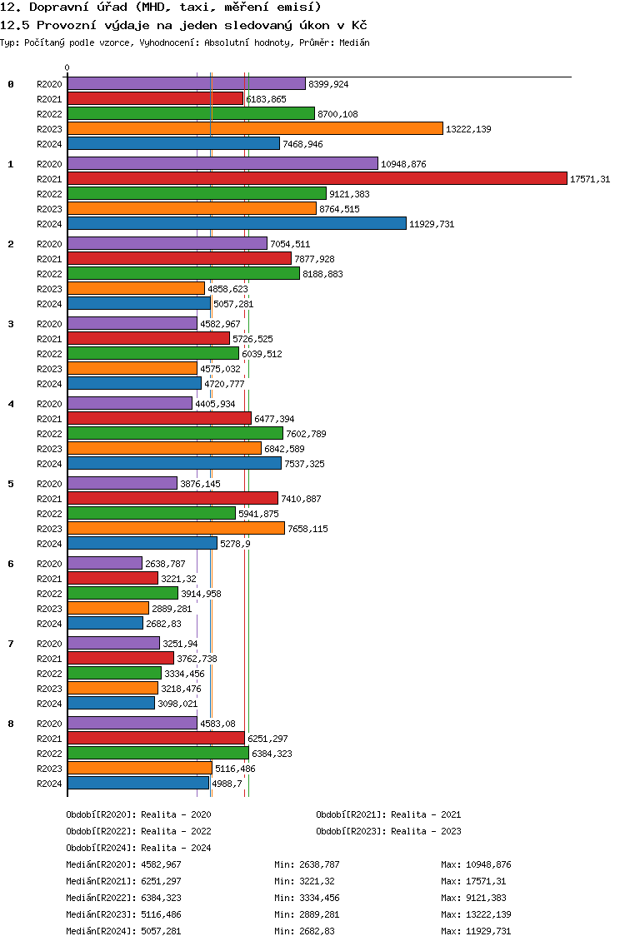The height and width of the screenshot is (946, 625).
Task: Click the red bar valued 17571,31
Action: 317,178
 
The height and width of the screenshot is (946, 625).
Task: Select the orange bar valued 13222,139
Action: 256,128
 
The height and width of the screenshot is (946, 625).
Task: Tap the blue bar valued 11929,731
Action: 237,224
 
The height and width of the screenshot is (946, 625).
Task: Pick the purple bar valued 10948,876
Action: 222,163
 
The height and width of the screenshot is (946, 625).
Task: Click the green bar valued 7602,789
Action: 175,433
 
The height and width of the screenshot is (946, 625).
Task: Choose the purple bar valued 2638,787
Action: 105,563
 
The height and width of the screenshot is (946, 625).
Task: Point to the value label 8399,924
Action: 328,84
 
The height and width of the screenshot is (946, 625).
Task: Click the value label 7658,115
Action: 308,529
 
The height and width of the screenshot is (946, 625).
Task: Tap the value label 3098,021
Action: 177,704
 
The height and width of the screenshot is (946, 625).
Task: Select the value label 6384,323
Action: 272,754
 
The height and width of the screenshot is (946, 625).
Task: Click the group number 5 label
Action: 10,484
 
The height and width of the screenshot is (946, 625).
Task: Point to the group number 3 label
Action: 10,324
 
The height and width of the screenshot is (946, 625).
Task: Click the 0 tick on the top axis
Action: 67,67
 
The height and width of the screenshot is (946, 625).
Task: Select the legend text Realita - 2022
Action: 177,831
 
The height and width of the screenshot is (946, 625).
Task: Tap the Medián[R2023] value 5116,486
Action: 161,914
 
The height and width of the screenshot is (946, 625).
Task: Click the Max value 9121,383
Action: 486,898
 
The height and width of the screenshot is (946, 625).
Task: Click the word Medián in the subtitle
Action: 354,42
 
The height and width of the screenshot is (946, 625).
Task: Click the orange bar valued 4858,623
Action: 137,288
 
